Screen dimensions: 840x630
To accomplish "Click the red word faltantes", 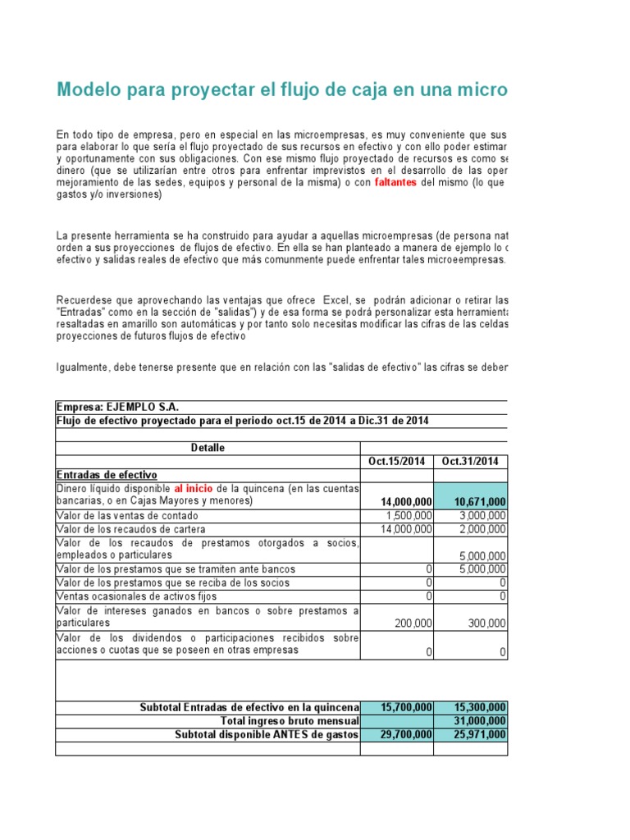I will point(395,182).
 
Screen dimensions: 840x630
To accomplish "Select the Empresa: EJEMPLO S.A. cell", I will point(116,407).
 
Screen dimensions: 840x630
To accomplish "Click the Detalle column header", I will point(208,448).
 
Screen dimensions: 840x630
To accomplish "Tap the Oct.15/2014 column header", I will point(396,461).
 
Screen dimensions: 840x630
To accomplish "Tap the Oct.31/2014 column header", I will point(472,461).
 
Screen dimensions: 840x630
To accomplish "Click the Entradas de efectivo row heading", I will point(106,475).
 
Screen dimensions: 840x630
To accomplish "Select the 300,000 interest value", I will point(486,623).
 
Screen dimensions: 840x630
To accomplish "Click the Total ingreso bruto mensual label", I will point(290,721).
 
